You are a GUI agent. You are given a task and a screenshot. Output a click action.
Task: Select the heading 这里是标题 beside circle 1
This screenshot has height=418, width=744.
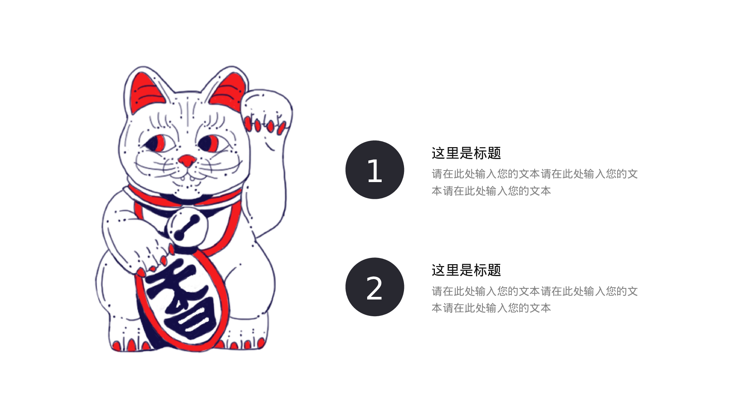[466, 153]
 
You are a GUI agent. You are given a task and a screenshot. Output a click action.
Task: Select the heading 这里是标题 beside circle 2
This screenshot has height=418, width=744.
[466, 270]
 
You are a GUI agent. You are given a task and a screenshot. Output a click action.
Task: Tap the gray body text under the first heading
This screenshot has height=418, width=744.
[535, 182]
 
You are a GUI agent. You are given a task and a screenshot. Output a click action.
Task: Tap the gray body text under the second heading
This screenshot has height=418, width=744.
[535, 299]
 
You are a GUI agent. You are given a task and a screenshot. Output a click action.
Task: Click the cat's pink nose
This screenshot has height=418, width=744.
[187, 161]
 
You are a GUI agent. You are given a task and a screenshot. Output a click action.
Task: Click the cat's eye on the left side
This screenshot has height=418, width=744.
[158, 143]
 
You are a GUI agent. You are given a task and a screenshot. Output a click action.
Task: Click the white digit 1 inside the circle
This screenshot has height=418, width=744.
[375, 171]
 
